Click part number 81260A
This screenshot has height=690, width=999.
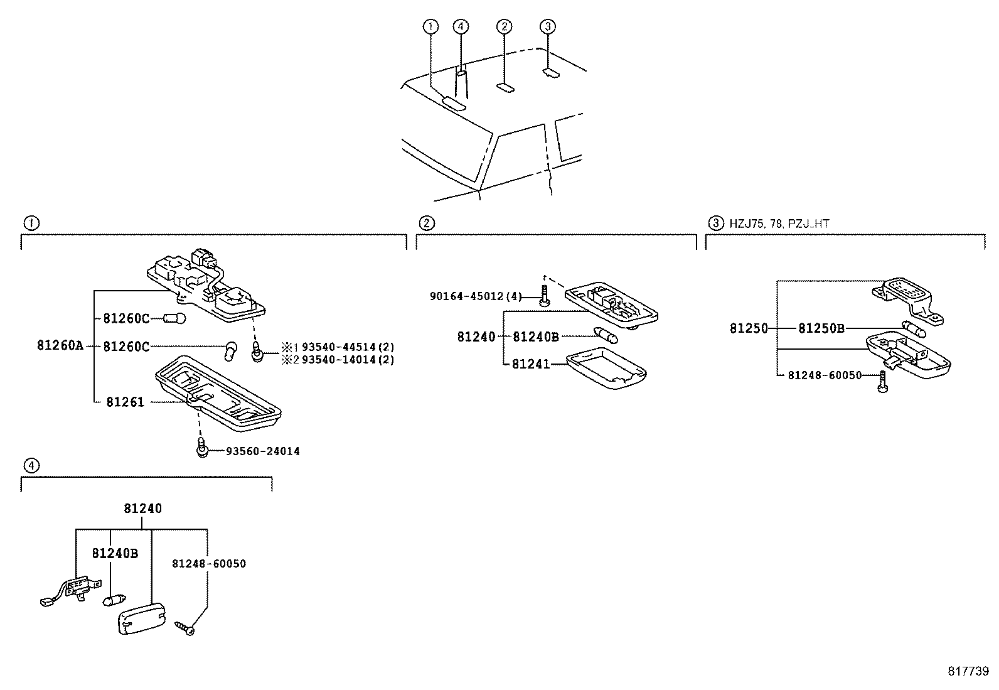coord(60,345)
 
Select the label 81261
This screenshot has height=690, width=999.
coord(125,402)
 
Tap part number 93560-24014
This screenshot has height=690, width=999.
coord(262,451)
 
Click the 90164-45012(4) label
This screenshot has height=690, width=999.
coord(476,296)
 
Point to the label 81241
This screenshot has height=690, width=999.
coord(530,364)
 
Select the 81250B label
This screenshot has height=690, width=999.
coord(821,328)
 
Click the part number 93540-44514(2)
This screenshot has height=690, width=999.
coord(348,347)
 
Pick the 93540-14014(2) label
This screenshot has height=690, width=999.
coord(348,360)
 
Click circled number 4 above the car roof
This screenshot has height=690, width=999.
coord(461,26)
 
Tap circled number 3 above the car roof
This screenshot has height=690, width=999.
coord(548,26)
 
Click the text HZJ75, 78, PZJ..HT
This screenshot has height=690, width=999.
coord(780,223)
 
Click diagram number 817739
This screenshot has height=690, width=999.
coord(968,671)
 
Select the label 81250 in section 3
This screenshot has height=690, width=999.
coord(749,328)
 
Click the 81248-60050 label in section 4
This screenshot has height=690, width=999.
coord(208,564)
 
